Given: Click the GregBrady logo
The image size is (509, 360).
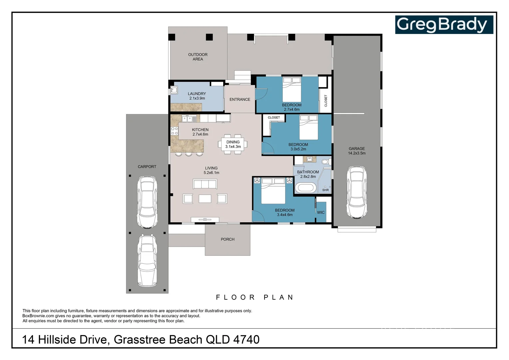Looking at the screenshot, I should (444, 25).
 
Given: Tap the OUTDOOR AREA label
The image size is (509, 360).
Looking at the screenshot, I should (198, 57).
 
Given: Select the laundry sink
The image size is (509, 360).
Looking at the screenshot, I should (174, 90).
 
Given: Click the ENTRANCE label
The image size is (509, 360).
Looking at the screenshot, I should (240, 100).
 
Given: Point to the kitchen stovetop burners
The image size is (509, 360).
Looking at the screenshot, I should (174, 131).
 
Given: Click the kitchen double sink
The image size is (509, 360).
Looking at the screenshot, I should (189, 119).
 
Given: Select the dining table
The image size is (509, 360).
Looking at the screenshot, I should (233, 144).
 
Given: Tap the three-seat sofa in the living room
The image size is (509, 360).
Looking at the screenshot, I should (205, 184).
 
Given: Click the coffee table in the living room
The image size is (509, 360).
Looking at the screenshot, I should (205, 199).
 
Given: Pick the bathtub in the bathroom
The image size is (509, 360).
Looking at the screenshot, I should (305, 188).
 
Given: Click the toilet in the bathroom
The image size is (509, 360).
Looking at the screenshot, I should (326, 162).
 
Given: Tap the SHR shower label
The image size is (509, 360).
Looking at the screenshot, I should (325, 190).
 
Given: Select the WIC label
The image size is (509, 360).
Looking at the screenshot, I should (320, 213).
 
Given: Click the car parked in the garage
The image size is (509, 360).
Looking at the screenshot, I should (356, 192).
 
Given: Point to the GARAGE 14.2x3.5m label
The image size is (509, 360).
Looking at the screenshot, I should (356, 151).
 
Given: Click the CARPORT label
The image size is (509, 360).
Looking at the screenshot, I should (147, 167).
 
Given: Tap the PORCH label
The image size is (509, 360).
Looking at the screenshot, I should (228, 239).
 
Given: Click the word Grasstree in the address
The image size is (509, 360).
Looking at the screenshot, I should (140, 340).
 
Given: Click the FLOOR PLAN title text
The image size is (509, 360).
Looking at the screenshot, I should (255, 297).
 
